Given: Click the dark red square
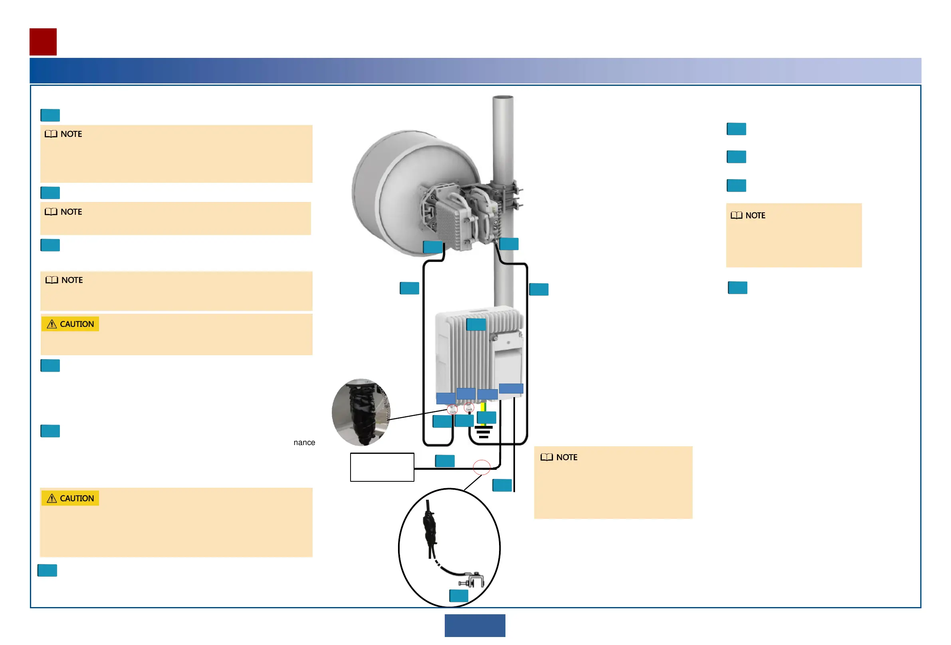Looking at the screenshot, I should coord(43,42).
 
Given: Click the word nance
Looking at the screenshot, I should coord(304,442).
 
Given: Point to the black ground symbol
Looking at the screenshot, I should coord(483,431).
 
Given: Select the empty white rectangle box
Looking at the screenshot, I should coord(382,467).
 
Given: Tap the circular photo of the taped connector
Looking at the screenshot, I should coord(361,412).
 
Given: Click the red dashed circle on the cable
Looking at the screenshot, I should coord(481,467).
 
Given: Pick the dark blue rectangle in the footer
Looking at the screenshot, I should coord(475,625).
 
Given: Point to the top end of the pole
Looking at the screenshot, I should coord(503,98).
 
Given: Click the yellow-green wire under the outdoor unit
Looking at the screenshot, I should coord(483,407).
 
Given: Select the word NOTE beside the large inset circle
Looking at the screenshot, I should coord(567,457).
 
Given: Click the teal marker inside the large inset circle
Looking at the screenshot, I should coord(458,596).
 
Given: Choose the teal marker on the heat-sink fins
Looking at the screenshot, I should coord(476,324).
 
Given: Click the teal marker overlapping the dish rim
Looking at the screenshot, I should coord(432,247).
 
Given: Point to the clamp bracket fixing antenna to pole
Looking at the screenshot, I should coord(509,196).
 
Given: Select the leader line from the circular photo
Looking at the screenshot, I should coord(417,414).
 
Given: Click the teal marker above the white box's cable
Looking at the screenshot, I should coord(444,461).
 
